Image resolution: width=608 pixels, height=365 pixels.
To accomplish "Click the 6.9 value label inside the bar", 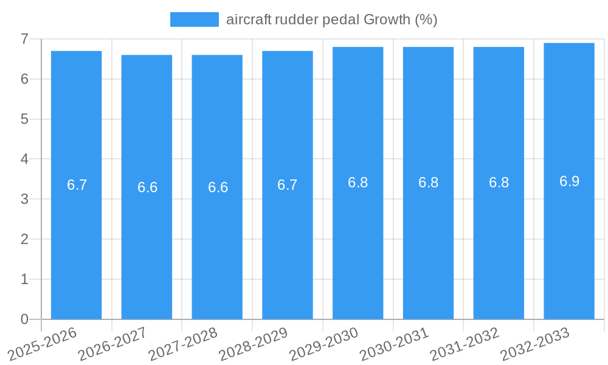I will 569,181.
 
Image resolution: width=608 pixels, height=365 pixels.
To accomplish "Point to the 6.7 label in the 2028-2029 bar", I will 287,185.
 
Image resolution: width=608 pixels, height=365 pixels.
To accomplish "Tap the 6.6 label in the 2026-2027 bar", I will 147,187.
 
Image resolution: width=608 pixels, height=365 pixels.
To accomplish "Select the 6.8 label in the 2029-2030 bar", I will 358,182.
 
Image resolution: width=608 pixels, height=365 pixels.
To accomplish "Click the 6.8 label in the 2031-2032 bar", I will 499,182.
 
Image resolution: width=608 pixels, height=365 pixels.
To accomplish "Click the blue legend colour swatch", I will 194,19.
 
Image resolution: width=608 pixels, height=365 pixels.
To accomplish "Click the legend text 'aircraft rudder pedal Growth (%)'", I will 332,19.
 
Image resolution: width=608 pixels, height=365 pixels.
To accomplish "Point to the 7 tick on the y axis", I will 24,39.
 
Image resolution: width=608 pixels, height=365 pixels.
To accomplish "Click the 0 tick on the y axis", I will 24,319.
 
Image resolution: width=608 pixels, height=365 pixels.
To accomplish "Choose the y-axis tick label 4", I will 24,159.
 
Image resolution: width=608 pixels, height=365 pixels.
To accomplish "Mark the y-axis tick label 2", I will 24,239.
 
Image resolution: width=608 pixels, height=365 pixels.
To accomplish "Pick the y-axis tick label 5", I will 24,119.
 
